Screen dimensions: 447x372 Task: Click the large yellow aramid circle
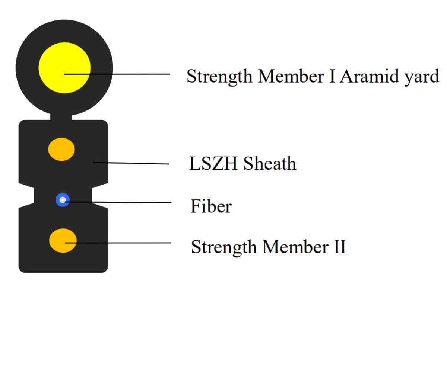(x=64, y=68)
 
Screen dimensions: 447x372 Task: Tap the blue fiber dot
(x=63, y=200)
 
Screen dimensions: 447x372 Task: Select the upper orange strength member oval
(x=61, y=149)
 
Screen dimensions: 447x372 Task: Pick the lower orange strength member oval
(x=63, y=241)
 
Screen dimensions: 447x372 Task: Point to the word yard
(x=422, y=78)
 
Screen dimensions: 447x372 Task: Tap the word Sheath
(x=270, y=163)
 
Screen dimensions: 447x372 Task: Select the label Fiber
(x=211, y=206)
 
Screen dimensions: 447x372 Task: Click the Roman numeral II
(x=340, y=247)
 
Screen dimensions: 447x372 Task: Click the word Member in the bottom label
(x=296, y=247)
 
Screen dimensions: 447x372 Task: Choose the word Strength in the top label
(x=219, y=77)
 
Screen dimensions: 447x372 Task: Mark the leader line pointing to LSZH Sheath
(x=131, y=163)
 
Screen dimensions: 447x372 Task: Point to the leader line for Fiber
(x=118, y=202)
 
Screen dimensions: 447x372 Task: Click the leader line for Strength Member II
(x=118, y=243)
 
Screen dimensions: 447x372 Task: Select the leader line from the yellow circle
(x=117, y=74)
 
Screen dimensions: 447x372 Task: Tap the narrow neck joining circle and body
(x=61, y=118)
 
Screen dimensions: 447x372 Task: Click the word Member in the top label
(x=291, y=76)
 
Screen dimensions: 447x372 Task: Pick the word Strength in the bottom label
(x=224, y=248)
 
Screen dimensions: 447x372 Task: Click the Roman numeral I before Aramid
(x=332, y=76)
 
